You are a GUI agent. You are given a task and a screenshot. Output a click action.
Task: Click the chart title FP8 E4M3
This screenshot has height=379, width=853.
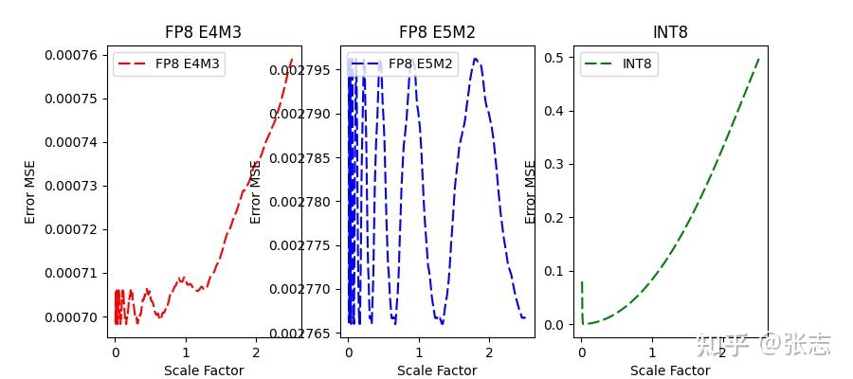click(x=203, y=32)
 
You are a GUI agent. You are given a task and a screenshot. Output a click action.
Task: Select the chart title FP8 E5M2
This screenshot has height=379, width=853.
click(x=437, y=32)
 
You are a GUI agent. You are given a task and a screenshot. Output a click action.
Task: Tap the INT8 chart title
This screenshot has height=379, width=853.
click(x=670, y=32)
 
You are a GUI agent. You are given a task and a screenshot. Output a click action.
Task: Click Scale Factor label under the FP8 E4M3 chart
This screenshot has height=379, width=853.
click(x=203, y=370)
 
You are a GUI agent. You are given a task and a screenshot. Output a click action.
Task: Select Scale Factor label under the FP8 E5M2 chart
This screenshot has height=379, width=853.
click(x=437, y=370)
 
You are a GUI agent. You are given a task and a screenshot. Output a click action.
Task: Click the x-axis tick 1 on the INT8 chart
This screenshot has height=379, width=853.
click(x=652, y=352)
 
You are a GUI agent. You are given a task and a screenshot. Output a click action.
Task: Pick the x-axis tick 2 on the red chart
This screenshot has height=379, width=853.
click(x=255, y=352)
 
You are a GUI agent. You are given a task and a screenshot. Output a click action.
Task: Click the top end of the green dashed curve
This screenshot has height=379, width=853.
click(x=758, y=58)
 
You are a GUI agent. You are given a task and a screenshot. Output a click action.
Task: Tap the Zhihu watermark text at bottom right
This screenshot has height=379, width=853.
click(x=764, y=345)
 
